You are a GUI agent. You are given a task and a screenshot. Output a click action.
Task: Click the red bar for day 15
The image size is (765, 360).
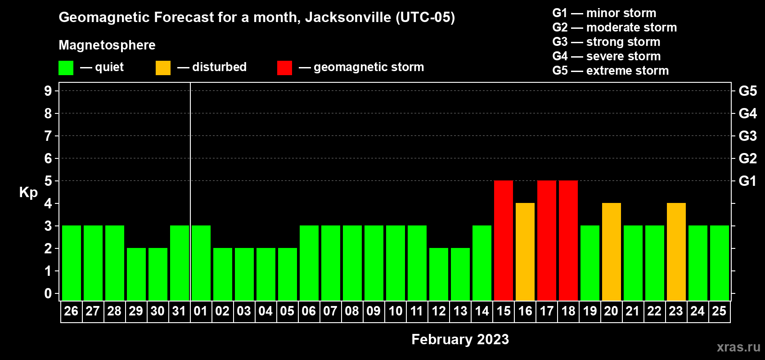(503, 240)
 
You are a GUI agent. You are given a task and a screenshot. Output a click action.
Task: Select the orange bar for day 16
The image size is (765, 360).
(525, 252)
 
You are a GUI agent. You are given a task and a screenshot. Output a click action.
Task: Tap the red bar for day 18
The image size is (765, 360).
(568, 240)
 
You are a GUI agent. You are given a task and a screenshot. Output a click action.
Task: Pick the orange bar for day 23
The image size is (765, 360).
(676, 252)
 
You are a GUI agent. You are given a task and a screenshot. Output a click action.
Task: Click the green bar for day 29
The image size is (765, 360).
(136, 274)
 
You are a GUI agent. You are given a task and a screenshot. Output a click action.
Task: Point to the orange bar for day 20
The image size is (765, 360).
(611, 252)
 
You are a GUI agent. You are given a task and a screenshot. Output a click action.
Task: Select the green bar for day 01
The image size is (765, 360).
(201, 263)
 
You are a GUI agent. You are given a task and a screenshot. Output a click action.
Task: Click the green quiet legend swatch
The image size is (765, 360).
(66, 68)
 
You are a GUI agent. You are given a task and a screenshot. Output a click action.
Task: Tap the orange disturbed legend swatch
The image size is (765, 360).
(163, 68)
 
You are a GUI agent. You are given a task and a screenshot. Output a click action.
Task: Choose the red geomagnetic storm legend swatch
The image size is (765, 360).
(284, 68)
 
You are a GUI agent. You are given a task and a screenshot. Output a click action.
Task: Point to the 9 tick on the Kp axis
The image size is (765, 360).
(48, 91)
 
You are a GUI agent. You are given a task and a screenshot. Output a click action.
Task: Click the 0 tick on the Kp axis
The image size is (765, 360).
(48, 294)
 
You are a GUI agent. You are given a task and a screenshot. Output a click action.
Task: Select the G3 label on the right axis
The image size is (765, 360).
(747, 136)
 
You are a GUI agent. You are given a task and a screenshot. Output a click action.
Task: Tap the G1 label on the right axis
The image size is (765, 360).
(747, 181)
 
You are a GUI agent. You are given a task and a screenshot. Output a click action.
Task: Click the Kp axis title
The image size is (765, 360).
(28, 193)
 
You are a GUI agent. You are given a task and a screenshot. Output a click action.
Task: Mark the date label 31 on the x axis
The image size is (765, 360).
(179, 311)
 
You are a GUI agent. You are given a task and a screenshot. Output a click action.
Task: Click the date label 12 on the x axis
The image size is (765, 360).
(438, 311)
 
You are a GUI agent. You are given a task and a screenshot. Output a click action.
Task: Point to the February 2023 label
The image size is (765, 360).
(460, 339)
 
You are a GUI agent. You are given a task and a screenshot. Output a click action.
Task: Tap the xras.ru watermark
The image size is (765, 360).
(738, 347)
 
